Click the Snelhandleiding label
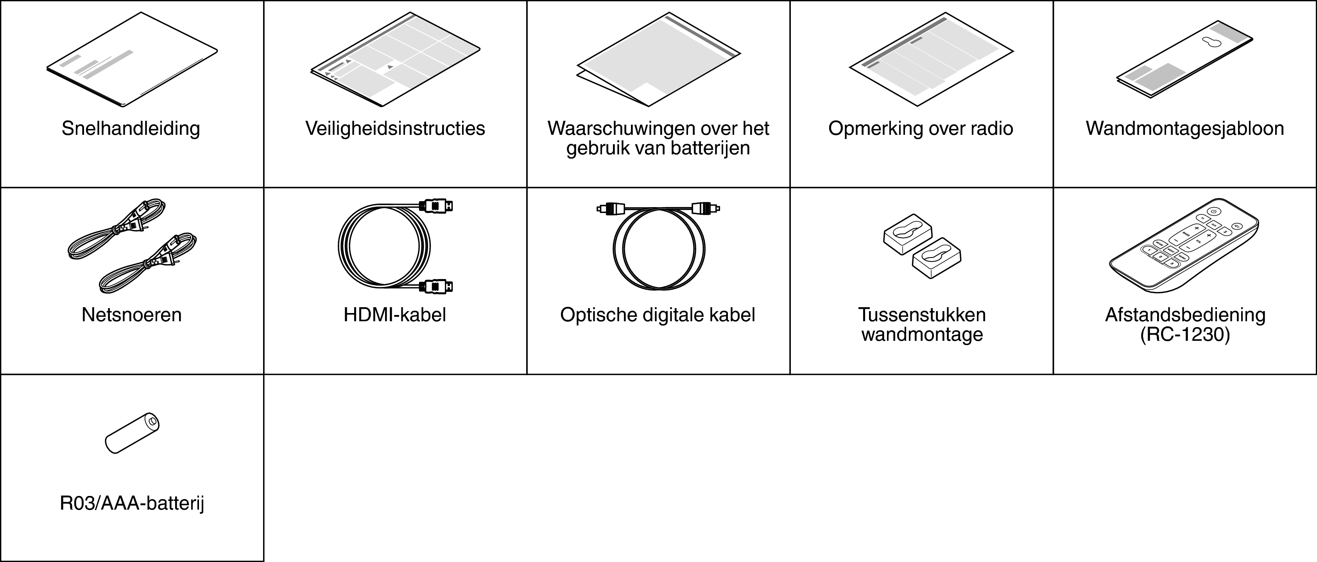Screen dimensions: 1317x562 point(131,128)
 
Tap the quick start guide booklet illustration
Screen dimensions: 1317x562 point(132,59)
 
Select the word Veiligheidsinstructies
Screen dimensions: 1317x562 point(395,128)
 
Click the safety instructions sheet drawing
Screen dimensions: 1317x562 point(395,59)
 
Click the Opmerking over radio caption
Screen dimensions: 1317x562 point(921,128)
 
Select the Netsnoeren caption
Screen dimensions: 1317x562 point(131,315)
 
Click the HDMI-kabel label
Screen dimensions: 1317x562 point(395,315)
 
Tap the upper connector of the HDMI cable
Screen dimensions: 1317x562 point(435,206)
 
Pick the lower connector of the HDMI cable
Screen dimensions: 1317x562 point(435,286)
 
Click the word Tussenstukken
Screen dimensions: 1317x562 point(922,315)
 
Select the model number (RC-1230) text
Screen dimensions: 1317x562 point(1185,335)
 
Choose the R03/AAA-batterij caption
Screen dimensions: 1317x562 point(132,504)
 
